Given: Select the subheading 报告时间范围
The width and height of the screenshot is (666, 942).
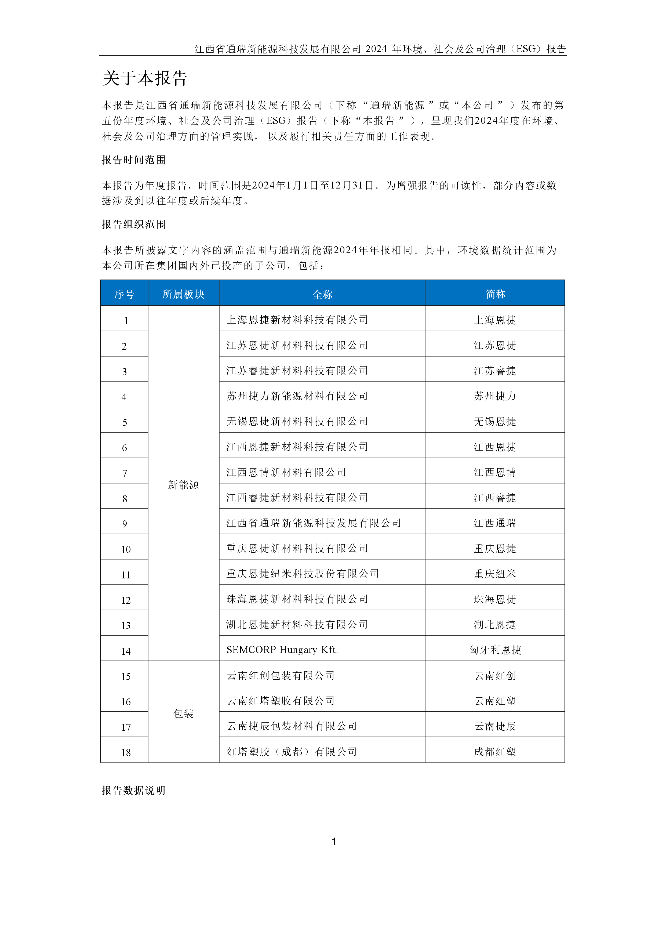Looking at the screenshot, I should click(x=133, y=160).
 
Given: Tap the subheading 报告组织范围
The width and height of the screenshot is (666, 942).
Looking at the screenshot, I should click(x=133, y=224).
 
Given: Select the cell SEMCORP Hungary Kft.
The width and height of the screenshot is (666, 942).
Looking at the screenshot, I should click(x=282, y=650).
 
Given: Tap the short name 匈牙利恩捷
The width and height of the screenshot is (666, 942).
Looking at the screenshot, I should click(x=495, y=650).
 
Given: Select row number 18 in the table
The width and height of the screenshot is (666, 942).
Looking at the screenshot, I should click(x=126, y=752).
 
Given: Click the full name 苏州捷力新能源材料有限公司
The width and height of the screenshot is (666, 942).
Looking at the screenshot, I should click(x=297, y=396).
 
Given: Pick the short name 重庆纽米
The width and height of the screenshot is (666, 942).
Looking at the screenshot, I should click(x=495, y=574).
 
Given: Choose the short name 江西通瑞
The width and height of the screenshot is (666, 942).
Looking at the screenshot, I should click(x=495, y=523).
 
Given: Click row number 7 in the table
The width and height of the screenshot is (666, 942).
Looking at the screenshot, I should click(x=125, y=473).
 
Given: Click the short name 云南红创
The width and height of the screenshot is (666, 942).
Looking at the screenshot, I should click(x=495, y=676).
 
